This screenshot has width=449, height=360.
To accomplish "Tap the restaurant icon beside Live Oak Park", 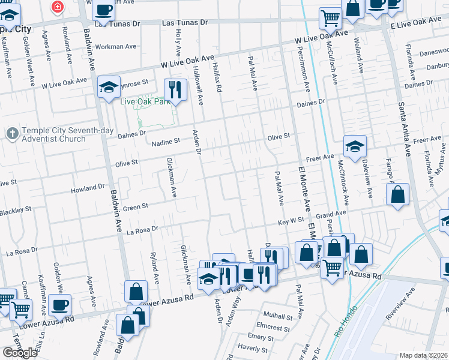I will click(x=175, y=89).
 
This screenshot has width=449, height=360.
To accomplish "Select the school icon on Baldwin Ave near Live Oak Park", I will click(x=109, y=87).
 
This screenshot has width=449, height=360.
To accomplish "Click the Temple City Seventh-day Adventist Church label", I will click(x=54, y=135).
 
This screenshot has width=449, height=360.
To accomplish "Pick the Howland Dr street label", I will click(x=88, y=188).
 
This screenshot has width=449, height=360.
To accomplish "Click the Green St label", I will click(x=136, y=208).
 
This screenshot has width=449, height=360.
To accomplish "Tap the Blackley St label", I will click(x=15, y=211).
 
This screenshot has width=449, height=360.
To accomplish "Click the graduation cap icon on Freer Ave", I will click(x=355, y=146).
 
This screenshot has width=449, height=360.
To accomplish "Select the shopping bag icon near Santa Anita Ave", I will click(x=397, y=194).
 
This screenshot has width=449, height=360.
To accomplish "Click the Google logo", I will click(x=20, y=353).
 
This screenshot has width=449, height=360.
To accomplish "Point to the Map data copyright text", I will click(x=424, y=355).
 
